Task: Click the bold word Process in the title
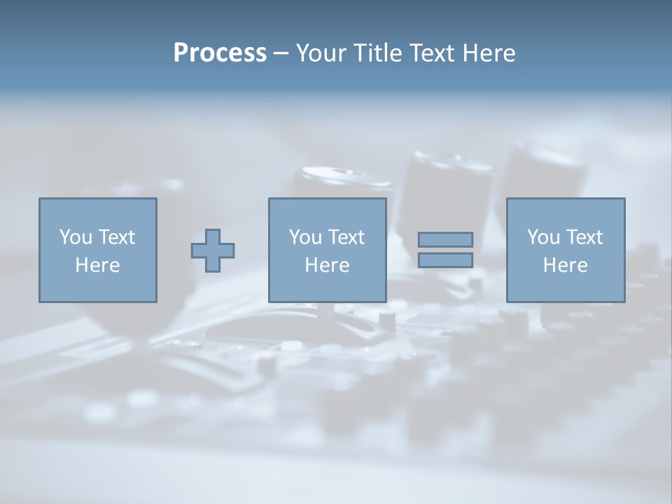click(220, 53)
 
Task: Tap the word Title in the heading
click(376, 53)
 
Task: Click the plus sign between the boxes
click(213, 251)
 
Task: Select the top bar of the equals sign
click(445, 239)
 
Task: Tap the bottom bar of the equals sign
click(445, 260)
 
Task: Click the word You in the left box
click(75, 237)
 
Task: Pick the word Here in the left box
click(97, 265)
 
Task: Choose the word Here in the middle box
click(327, 265)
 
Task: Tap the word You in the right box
click(543, 237)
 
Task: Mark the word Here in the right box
click(565, 265)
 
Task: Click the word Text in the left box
click(116, 237)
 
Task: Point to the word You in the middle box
click(305, 237)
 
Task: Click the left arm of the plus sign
click(199, 251)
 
